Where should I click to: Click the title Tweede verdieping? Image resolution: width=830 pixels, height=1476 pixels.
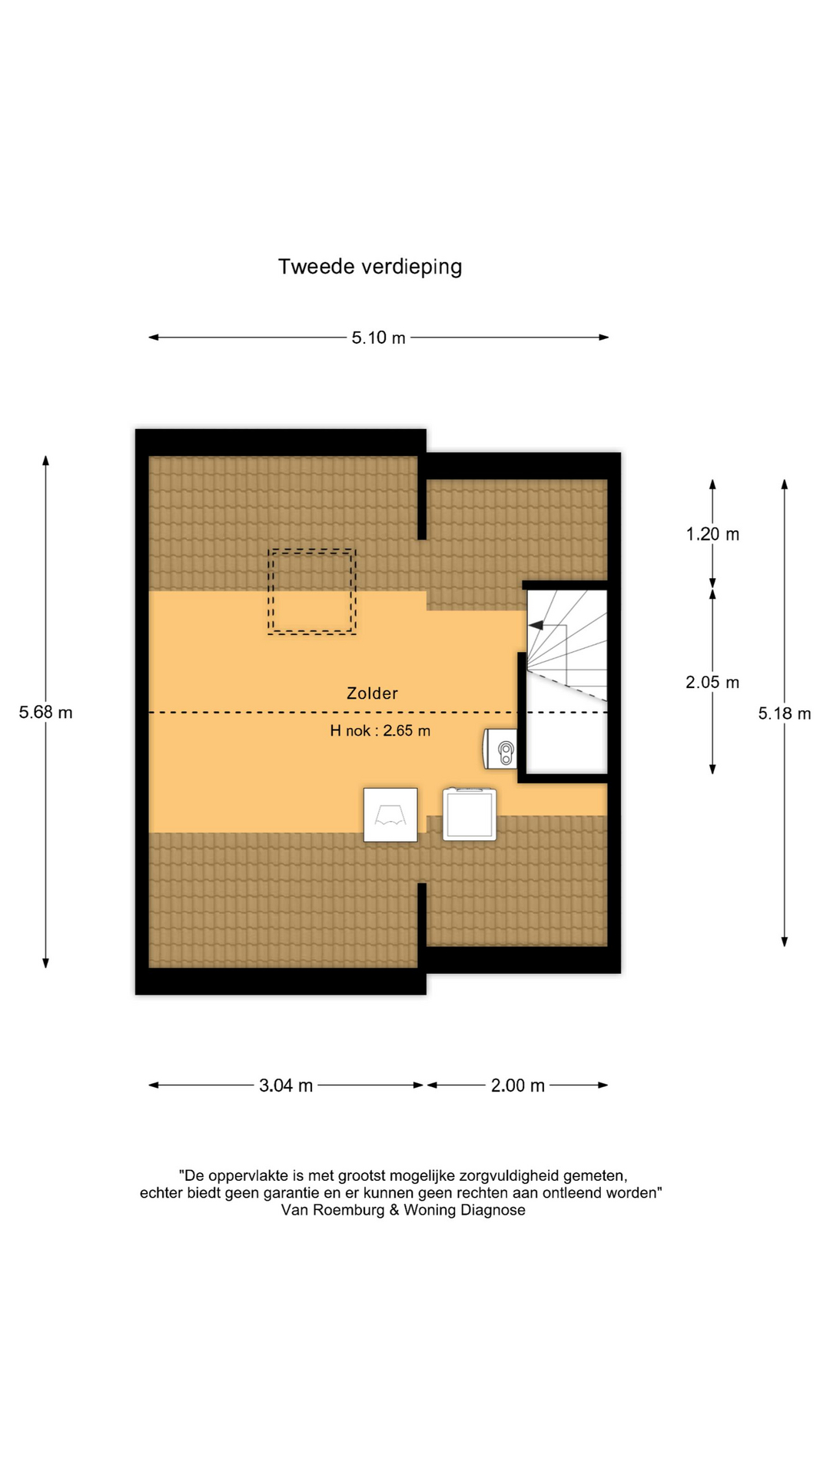tap(370, 267)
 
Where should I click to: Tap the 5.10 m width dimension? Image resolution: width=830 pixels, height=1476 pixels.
tap(378, 337)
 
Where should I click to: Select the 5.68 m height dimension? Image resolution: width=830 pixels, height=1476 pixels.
tap(46, 713)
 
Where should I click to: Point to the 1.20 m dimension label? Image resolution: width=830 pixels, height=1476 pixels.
tap(712, 534)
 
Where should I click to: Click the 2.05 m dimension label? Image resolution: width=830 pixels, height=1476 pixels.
tap(712, 683)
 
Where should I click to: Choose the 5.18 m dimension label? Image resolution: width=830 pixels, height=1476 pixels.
tap(785, 713)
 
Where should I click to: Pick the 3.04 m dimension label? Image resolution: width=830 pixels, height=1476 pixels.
tap(286, 1085)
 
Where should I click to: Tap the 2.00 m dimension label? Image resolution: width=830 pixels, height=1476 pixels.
tap(518, 1085)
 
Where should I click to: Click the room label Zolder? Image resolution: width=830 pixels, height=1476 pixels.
tap(372, 693)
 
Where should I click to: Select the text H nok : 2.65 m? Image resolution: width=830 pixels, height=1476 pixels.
tap(380, 731)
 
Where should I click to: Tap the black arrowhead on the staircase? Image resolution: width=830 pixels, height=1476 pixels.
tap(536, 625)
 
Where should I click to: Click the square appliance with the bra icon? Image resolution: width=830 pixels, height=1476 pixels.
tap(390, 815)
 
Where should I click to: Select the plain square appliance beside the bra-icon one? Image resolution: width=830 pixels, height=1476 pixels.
tap(470, 814)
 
